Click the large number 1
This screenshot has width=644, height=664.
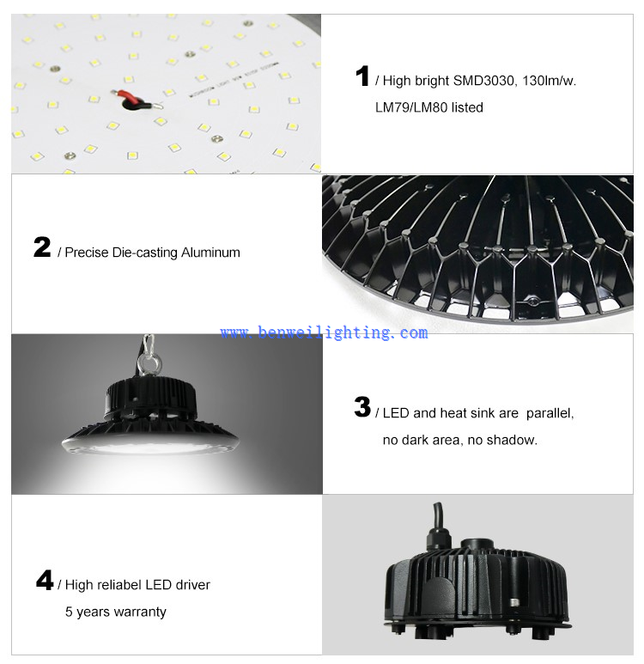click(362, 76)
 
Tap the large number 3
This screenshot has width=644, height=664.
click(362, 408)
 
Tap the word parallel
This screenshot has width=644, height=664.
click(548, 413)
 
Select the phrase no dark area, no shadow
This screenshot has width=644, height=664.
click(460, 440)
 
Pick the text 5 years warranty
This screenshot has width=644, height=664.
click(116, 612)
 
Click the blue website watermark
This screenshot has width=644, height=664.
click(324, 332)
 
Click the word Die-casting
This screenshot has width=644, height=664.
click(143, 253)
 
